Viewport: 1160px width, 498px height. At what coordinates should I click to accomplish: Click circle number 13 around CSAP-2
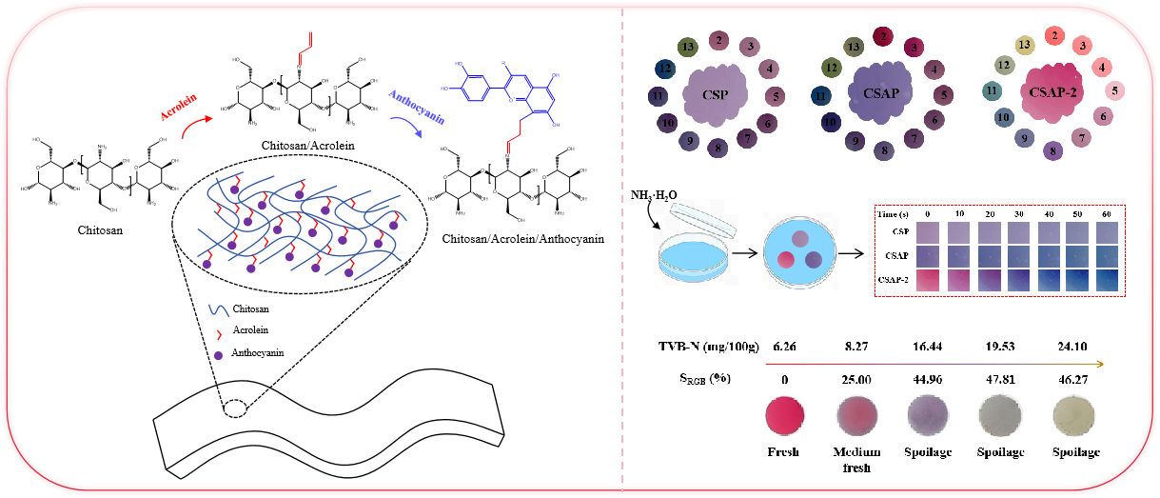tap(1024, 45)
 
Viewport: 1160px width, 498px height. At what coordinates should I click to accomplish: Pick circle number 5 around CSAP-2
tap(1114, 91)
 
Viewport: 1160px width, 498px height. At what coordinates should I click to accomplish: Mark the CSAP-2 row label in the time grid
tap(895, 280)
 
